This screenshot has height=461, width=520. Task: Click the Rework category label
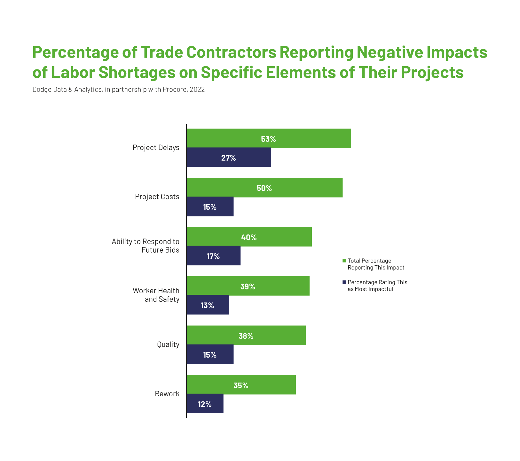coord(167,394)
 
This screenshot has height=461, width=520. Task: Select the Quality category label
coord(168,344)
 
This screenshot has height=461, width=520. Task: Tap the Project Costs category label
coord(157,197)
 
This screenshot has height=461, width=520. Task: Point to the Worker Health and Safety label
coord(156,295)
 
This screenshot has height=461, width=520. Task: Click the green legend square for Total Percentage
coord(344,261)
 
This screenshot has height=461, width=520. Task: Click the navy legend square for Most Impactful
coord(344,282)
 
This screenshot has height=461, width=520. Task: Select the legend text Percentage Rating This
coord(377,282)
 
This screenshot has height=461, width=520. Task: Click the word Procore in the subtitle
coord(177,90)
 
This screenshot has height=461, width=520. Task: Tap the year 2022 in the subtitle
coord(197,90)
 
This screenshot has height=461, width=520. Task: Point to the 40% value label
coord(249,237)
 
